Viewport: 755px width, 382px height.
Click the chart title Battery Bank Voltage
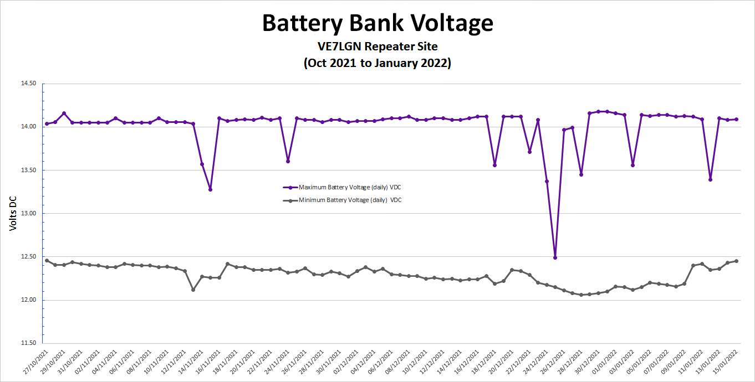377,23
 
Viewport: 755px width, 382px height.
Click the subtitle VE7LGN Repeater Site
377,46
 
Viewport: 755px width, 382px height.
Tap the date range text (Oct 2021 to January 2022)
377,63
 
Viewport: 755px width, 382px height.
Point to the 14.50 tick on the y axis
28,84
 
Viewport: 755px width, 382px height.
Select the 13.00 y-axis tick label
28,214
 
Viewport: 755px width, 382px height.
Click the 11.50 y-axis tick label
28,343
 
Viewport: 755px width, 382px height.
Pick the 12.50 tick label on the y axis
28,257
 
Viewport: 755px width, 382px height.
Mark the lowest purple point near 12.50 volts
555,257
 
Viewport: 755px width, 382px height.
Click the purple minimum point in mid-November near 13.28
210,190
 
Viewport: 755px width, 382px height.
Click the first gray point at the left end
47,260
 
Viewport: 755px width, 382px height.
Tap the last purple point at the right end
737,119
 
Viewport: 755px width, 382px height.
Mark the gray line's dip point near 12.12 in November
193,290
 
